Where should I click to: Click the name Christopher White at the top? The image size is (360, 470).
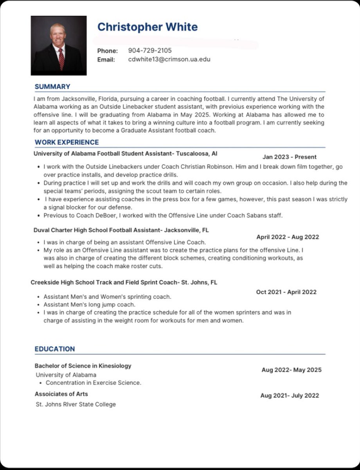coord(147,27)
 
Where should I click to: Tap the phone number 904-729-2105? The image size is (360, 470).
coord(149,51)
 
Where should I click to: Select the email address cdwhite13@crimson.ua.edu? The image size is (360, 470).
coord(169,60)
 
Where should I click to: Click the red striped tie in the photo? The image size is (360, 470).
coord(61,59)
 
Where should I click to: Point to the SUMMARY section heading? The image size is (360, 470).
coord(52,87)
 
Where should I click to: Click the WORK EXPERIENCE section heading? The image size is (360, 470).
coord(67,142)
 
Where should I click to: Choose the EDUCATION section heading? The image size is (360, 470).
coord(55,349)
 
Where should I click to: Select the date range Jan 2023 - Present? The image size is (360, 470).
coord(290,157)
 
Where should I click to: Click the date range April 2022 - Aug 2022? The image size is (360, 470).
coord(288,237)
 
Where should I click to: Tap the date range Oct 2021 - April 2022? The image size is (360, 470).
coord(286,292)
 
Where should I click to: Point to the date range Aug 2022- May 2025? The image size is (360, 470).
coord(292,370)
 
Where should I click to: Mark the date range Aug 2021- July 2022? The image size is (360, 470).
coord(290,396)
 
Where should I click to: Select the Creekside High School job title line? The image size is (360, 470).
coord(124,282)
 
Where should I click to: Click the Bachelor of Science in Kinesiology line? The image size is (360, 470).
coord(83,366)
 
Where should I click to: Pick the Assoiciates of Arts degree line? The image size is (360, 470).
coord(61,394)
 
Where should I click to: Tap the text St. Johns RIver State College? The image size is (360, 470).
coord(76,404)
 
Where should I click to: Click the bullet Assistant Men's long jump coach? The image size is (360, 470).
coord(89,304)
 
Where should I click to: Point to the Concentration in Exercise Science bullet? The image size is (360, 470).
coord(93,383)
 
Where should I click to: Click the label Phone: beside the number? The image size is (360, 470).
coord(107,51)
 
